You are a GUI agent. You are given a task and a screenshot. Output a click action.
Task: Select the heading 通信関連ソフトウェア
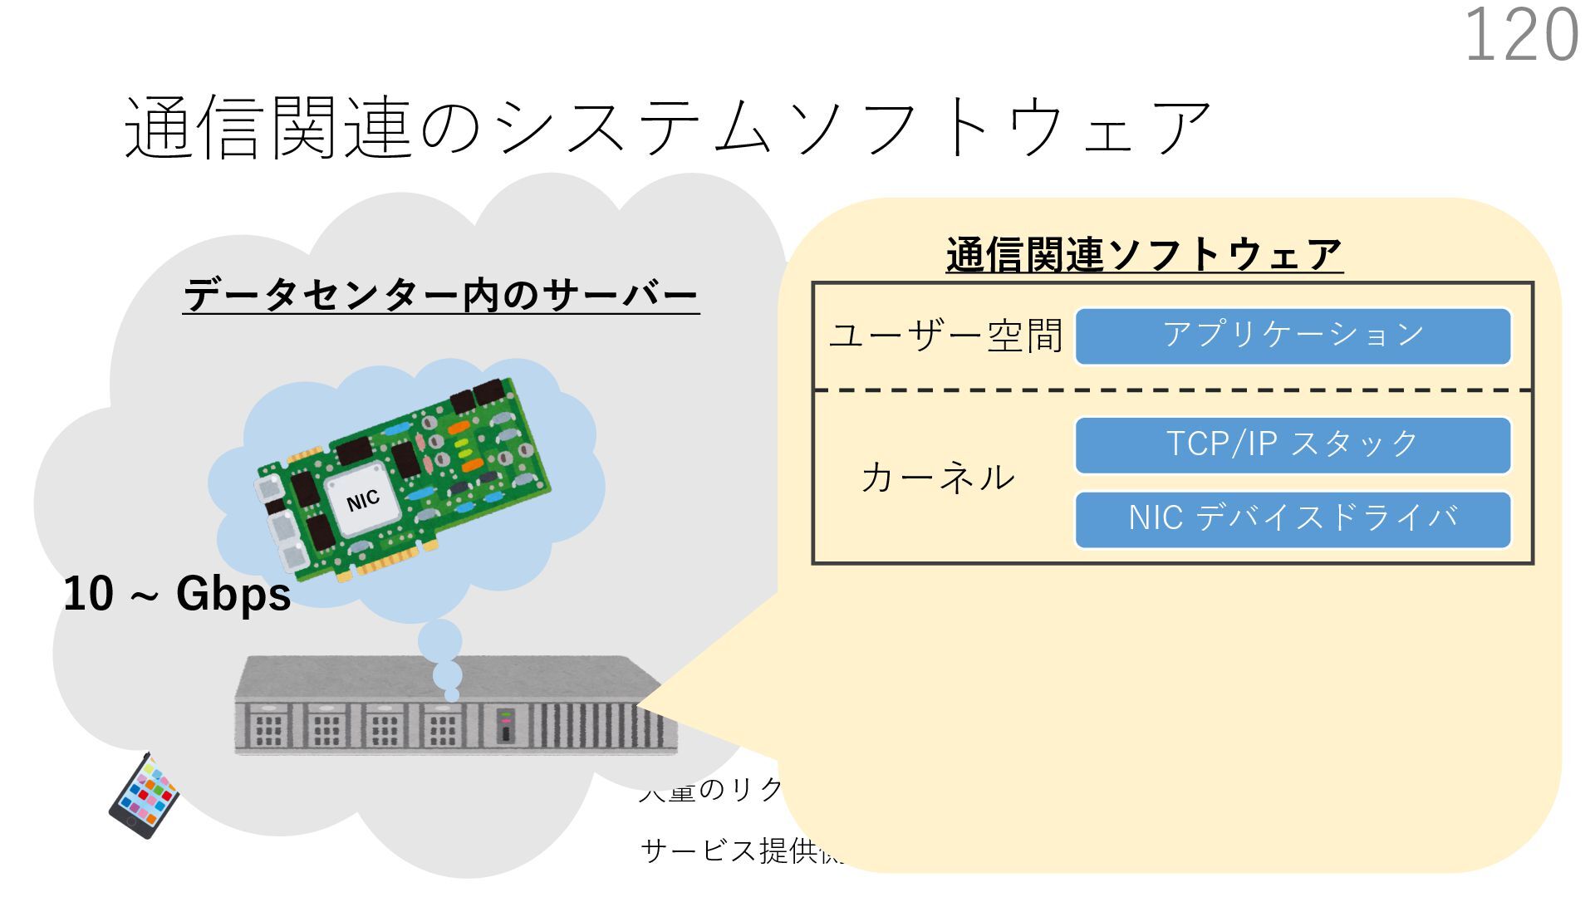coord(1144,254)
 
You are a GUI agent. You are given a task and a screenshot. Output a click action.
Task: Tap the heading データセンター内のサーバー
coord(440,296)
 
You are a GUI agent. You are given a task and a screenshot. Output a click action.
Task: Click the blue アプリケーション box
coord(1293,336)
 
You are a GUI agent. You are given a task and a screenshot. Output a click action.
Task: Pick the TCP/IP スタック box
coord(1293,445)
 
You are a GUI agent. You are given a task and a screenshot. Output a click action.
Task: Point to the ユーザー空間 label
coord(945,336)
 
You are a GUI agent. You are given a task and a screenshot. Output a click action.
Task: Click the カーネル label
coord(937,478)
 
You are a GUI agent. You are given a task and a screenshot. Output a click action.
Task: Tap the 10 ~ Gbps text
coord(177,595)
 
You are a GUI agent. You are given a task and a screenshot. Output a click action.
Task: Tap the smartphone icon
coord(144,796)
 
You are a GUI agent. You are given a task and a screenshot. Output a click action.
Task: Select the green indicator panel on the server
coord(506,726)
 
